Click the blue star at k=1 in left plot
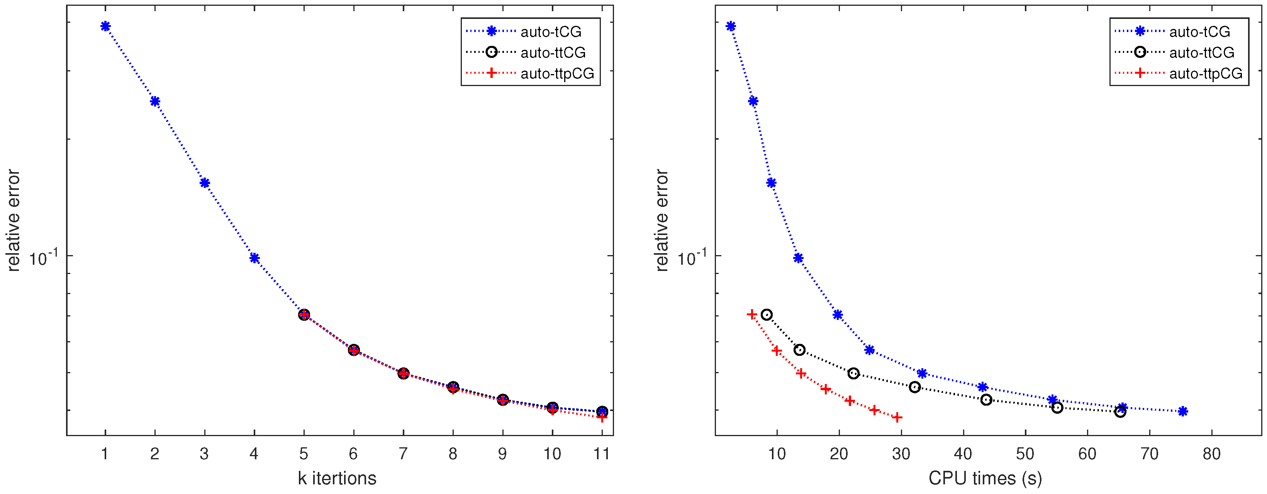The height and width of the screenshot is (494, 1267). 105,27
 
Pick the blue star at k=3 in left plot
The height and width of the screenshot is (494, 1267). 205,183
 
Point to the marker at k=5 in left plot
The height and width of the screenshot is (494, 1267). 304,315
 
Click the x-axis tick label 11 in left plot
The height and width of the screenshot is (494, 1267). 602,454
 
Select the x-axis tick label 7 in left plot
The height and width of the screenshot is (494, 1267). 403,454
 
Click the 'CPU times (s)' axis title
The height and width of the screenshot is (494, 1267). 985,478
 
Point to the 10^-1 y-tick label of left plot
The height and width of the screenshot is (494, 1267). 43,257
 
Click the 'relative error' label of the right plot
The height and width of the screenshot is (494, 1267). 661,220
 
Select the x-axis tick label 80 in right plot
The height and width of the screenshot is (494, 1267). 1211,454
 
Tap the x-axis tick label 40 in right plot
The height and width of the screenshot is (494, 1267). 963,454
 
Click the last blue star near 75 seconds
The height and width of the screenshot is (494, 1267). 1183,411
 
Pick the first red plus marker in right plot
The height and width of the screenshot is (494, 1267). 751,314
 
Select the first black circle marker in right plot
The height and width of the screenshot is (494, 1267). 766,315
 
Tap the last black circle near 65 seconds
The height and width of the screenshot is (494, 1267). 1120,412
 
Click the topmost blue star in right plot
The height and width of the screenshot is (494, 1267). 731,27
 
